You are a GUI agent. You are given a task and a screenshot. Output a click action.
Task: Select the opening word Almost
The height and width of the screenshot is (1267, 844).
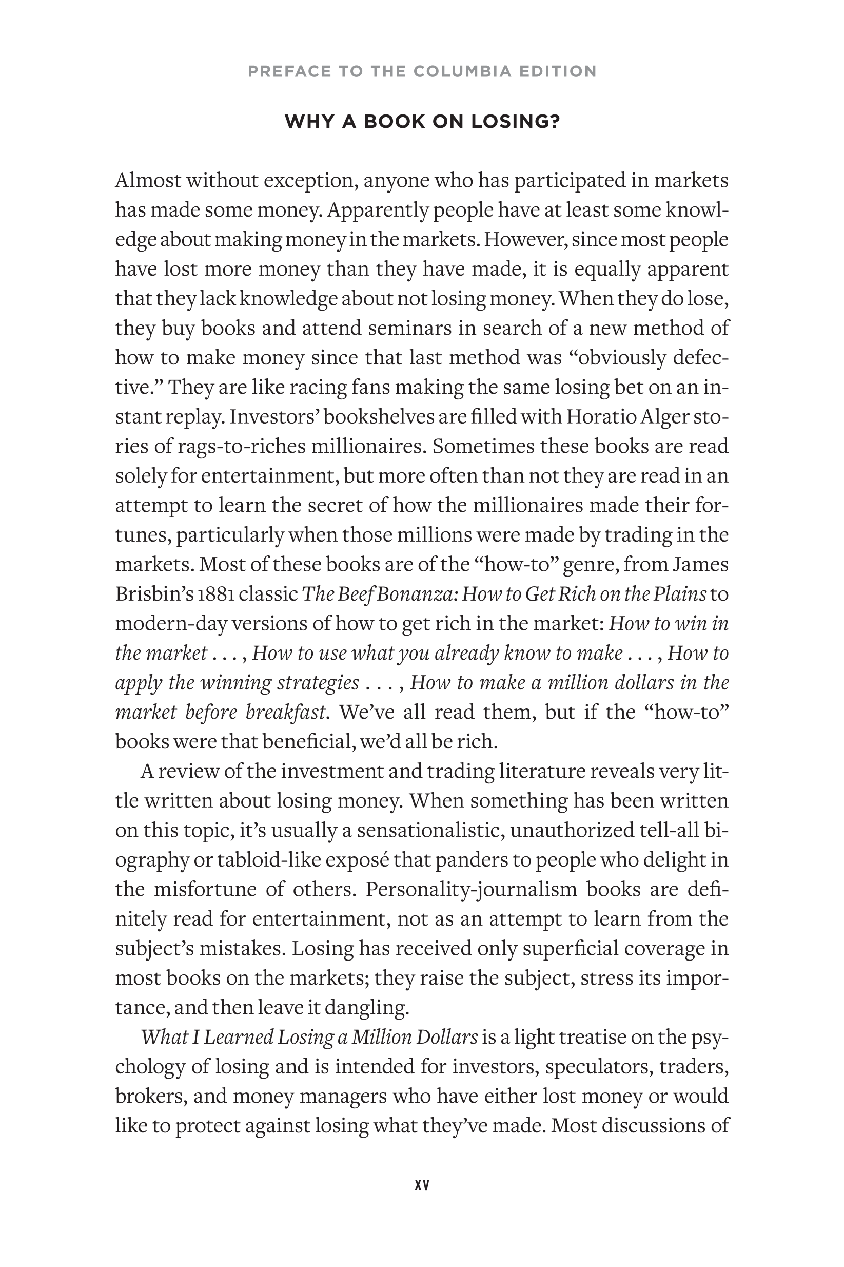point(148,180)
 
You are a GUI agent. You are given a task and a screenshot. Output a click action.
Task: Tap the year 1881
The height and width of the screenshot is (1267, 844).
point(215,594)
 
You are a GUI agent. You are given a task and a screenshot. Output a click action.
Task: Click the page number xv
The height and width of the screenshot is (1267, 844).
point(422,1185)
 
